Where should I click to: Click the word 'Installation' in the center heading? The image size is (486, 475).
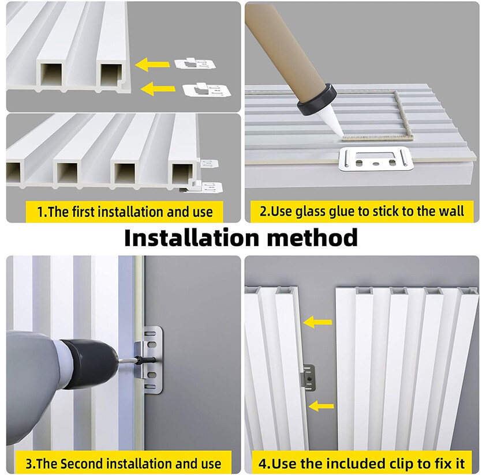click(192, 238)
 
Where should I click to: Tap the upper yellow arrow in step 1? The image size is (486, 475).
click(152, 65)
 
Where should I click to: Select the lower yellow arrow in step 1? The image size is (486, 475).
click(158, 88)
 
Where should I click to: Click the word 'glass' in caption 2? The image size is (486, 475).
click(311, 212)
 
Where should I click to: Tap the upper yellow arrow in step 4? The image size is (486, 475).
click(317, 322)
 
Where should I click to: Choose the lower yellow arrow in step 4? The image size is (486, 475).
click(321, 406)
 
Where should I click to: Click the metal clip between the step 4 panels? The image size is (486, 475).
click(308, 376)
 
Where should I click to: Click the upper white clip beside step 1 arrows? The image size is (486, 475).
click(195, 63)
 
